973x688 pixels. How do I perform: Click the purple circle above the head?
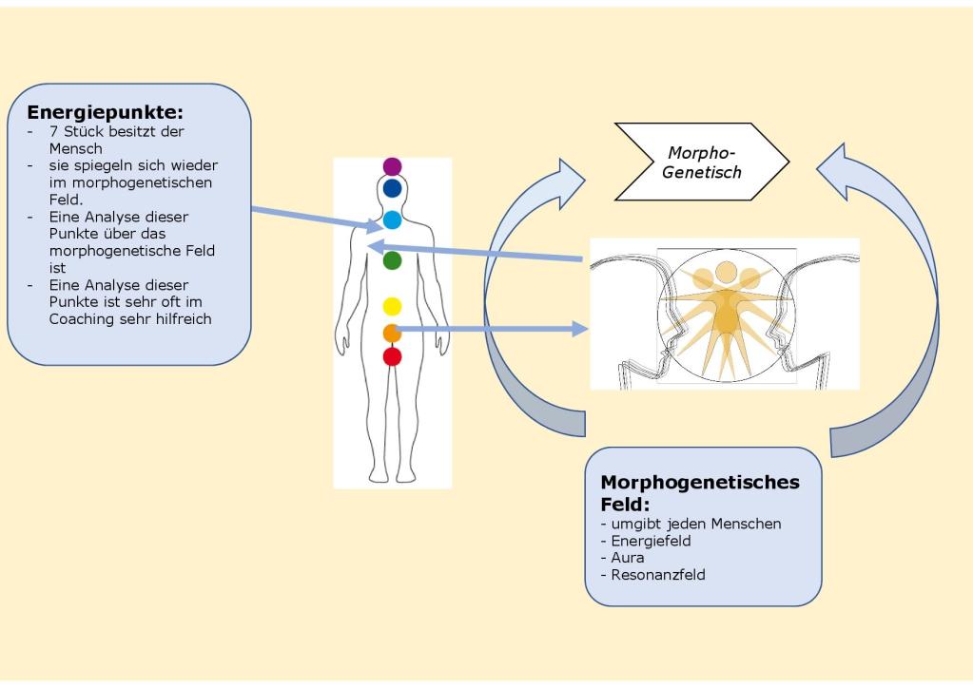(392, 166)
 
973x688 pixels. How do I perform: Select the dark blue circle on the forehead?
(392, 188)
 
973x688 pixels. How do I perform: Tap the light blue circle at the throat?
(392, 220)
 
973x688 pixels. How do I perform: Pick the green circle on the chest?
(392, 259)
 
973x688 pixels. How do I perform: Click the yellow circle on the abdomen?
(392, 306)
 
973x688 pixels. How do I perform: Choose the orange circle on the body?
(392, 333)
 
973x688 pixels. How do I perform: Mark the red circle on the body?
(392, 356)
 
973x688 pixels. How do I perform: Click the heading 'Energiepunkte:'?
(105, 112)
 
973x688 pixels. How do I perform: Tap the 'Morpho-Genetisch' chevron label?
(703, 162)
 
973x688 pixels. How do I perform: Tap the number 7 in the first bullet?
(54, 132)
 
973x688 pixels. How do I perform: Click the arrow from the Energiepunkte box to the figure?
(314, 218)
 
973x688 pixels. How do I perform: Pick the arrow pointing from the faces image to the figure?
(476, 252)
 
